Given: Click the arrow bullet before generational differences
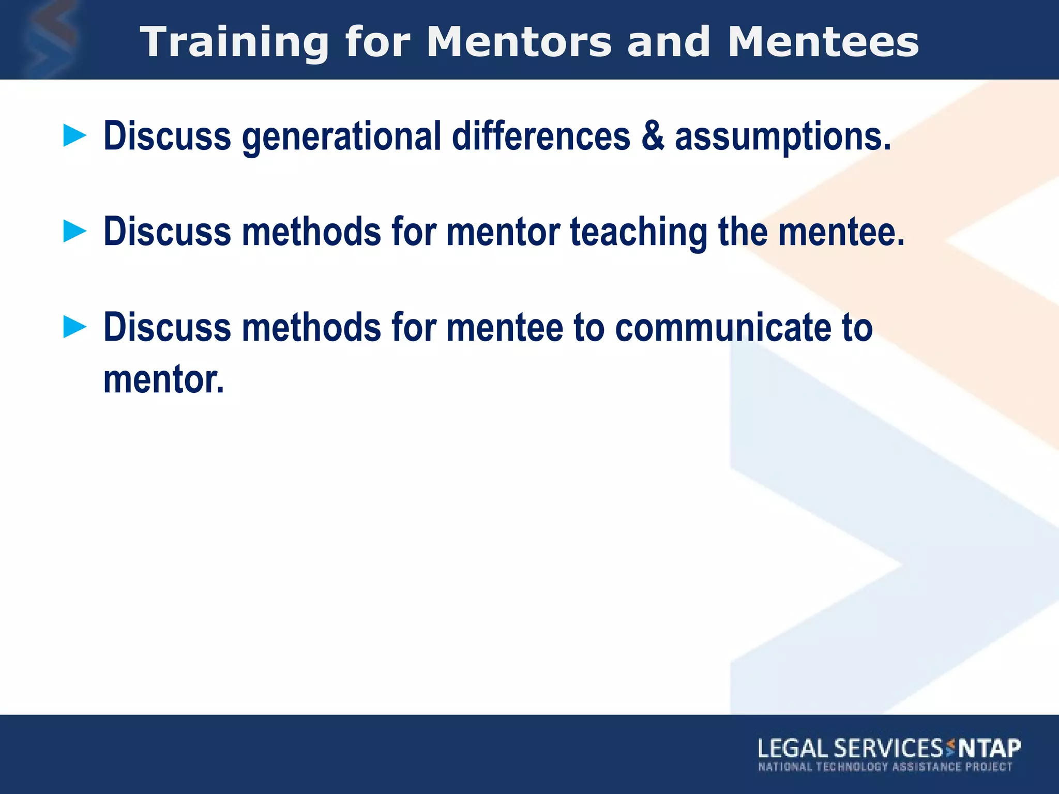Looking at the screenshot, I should [74, 136].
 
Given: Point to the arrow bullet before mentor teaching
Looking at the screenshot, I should [74, 231].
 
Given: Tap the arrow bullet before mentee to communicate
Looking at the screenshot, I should [74, 327].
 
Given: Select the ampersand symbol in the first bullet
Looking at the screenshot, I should [653, 136].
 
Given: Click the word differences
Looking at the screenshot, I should [541, 136].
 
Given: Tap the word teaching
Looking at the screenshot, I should [639, 232].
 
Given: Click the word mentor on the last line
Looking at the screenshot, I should [163, 380].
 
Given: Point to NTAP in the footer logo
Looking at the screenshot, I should [990, 749].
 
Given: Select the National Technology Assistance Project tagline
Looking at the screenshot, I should [885, 767].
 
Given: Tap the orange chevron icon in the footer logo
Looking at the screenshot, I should [950, 747].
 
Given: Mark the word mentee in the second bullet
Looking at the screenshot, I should [841, 232].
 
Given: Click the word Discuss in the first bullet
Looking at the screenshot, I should [167, 136].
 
